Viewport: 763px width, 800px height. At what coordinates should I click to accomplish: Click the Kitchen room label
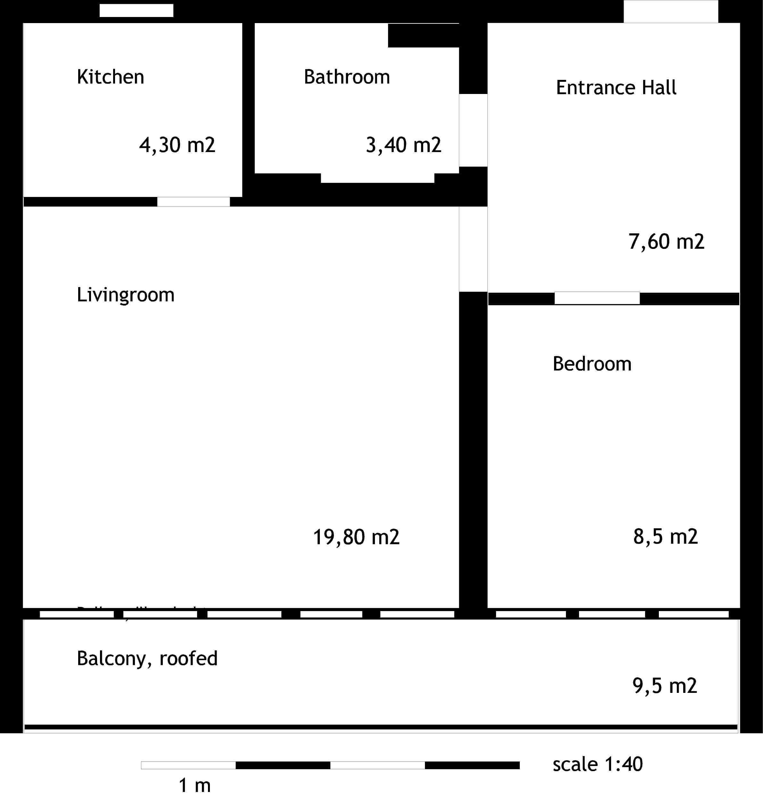click(110, 77)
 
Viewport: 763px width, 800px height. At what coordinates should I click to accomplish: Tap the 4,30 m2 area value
click(177, 145)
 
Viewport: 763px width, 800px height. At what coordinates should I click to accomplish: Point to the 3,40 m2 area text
click(403, 145)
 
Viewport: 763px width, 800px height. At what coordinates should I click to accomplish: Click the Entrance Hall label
click(616, 88)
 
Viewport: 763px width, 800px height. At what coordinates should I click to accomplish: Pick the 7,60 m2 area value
click(666, 242)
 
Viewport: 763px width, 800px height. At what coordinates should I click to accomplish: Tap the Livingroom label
click(125, 295)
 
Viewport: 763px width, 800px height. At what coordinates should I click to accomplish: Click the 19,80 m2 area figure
click(356, 537)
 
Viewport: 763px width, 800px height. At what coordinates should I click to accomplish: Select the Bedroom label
click(592, 363)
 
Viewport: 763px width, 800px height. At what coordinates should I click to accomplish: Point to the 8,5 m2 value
click(665, 537)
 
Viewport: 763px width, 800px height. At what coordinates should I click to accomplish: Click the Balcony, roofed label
click(147, 658)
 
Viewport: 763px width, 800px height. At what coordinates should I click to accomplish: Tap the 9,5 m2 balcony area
click(664, 685)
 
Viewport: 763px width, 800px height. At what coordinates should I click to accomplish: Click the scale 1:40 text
click(597, 764)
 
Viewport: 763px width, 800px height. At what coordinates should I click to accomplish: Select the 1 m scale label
click(195, 785)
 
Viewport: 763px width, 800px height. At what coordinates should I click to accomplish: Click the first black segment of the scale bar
click(283, 765)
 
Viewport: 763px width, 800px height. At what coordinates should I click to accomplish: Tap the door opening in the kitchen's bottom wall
click(193, 201)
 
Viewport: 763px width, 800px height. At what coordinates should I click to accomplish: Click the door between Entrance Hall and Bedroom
click(597, 298)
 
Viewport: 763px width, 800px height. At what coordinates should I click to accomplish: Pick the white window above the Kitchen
click(136, 11)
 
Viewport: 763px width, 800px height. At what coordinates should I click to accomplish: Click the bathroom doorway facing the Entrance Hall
click(473, 130)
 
